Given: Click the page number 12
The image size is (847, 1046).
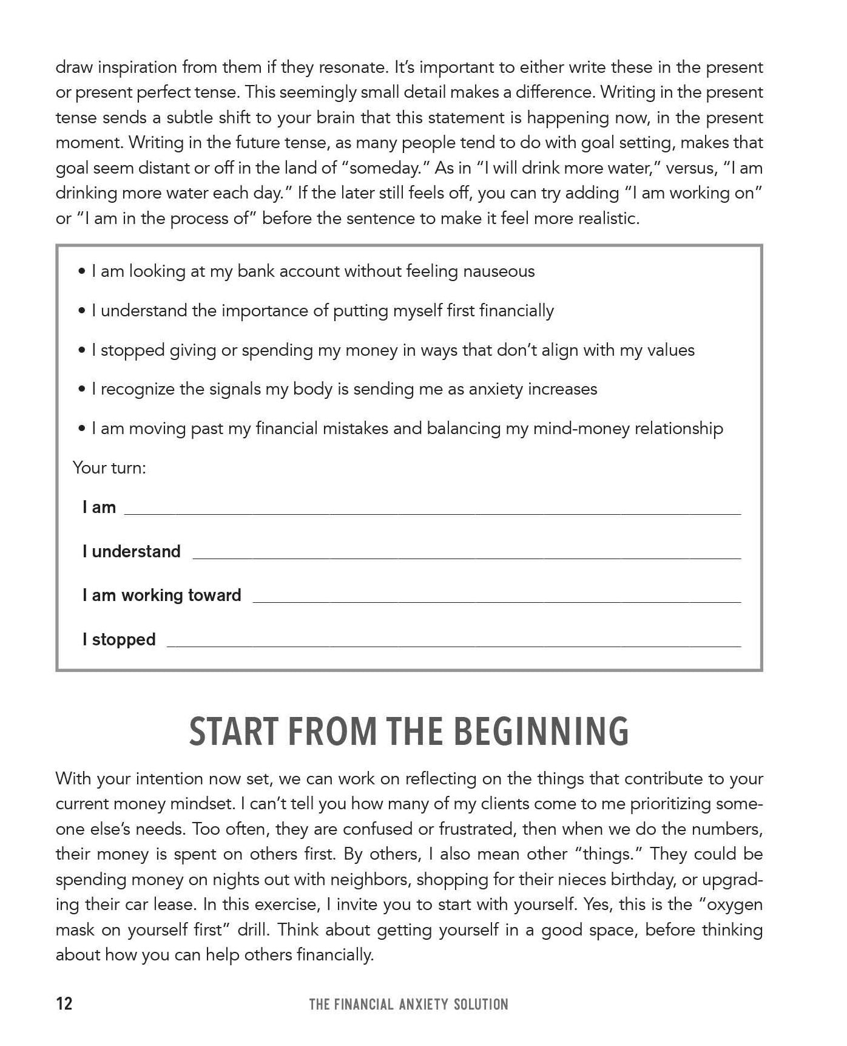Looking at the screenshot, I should click(64, 1004).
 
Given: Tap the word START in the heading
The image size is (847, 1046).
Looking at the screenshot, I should click(229, 732).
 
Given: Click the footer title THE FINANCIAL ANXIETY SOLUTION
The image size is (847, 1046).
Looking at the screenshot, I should click(408, 1005).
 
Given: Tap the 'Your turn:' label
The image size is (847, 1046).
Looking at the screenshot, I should click(109, 468).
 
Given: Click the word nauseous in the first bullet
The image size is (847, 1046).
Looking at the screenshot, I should click(499, 271).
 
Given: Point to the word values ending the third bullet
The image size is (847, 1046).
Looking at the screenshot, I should click(670, 350).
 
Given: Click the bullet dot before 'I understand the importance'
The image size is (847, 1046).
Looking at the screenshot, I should click(82, 311).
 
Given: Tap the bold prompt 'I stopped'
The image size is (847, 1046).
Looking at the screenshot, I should click(119, 640).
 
